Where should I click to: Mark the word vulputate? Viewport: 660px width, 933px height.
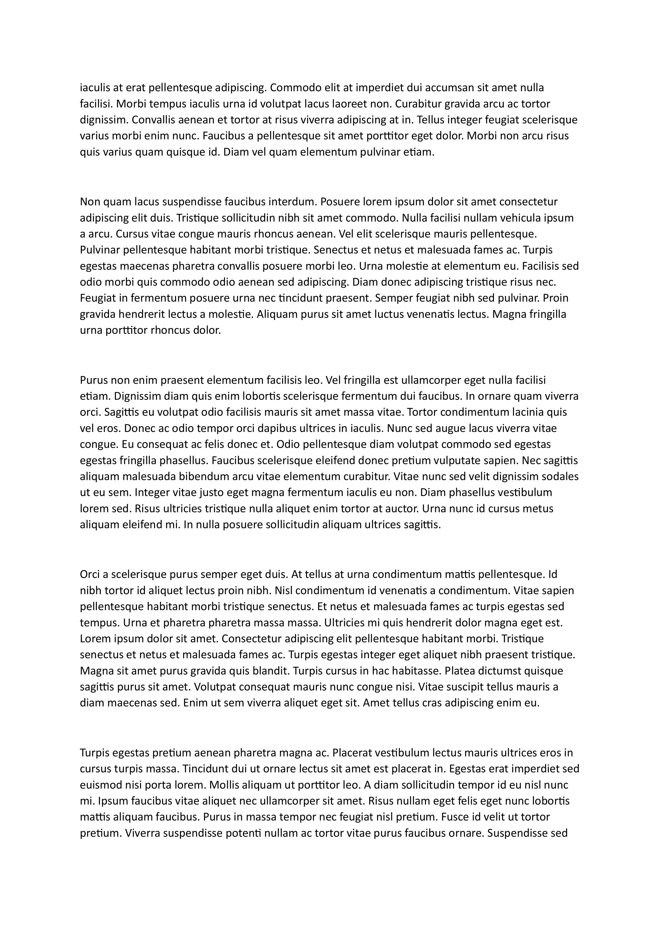(x=460, y=460)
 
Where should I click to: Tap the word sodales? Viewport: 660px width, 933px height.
(x=559, y=477)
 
